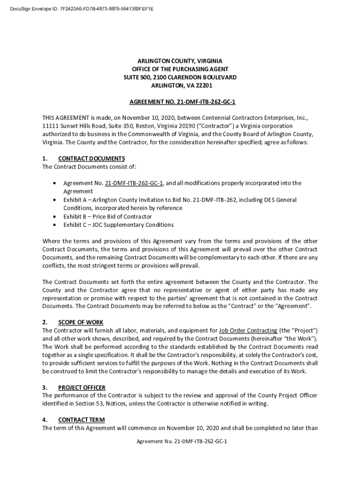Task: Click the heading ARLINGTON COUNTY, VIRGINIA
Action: coord(180,61)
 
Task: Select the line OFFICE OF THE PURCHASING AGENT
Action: coord(180,69)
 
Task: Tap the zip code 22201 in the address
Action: coord(204,85)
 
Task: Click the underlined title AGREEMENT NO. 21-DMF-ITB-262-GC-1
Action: coord(180,102)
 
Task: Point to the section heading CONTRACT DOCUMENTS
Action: coord(91,158)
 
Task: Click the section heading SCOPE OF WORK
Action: coord(80,322)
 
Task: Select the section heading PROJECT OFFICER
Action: coord(81,387)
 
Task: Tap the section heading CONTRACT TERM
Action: coord(81,420)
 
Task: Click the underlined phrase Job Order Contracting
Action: coord(248,330)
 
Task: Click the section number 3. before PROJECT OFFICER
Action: coord(45,387)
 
